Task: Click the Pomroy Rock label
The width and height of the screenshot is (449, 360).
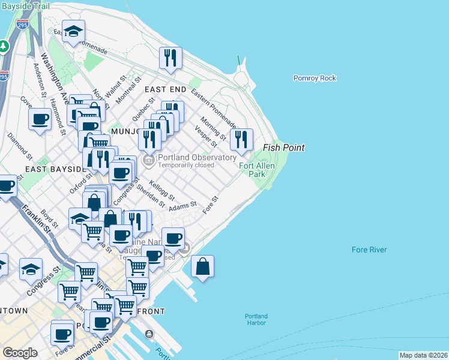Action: coord(315,78)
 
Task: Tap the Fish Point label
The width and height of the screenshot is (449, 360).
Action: coord(283,148)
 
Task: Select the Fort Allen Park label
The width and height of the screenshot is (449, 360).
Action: coord(252,170)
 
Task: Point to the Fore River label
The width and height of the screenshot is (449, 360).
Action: coord(369,250)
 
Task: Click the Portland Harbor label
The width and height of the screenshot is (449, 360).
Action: coord(256,319)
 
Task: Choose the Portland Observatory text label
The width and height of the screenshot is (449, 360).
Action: coord(196,157)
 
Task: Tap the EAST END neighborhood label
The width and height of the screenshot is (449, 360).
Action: coord(165,89)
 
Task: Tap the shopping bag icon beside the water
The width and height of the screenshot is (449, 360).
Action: coord(203,266)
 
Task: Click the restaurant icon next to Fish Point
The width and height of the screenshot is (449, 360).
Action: coord(241,140)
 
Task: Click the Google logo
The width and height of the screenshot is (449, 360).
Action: coord(20,353)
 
